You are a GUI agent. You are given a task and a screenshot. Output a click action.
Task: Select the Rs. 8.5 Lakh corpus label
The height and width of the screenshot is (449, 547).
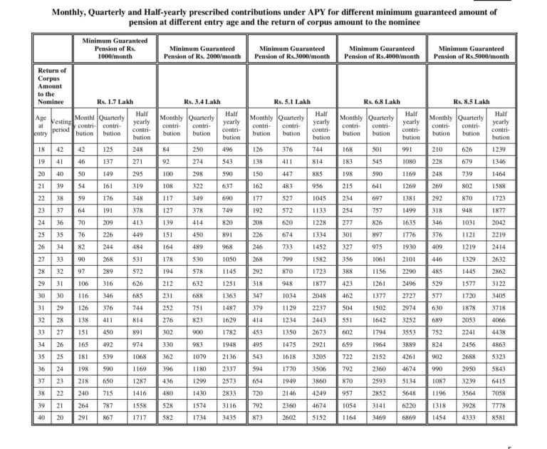tap(472, 102)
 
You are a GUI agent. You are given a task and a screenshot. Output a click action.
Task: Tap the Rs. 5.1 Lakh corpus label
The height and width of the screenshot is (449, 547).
tap(292, 102)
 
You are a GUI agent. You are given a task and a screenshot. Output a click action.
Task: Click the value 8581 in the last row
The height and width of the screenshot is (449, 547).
tap(500, 416)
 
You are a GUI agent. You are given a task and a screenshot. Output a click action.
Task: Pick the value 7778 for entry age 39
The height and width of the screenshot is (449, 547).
tap(500, 403)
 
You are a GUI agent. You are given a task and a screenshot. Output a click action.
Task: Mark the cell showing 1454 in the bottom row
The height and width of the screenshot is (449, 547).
tap(441, 416)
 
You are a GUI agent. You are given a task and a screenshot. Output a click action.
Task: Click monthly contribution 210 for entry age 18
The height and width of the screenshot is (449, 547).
tap(441, 149)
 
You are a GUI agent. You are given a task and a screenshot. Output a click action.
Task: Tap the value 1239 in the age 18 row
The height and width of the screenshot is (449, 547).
tap(500, 149)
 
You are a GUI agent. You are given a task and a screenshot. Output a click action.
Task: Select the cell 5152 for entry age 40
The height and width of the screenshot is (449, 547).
tap(321, 416)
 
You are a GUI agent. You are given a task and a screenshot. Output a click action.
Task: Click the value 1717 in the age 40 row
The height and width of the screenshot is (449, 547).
tap(140, 416)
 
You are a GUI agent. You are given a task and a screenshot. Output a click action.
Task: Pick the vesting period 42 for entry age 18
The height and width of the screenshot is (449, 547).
tap(61, 149)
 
